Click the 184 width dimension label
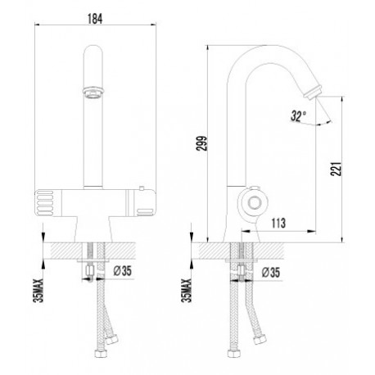[95, 19]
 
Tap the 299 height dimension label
[202, 143]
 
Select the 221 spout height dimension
[336, 169]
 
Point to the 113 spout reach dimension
[278, 224]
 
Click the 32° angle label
[298, 115]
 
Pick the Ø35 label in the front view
[123, 271]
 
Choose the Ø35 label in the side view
[271, 273]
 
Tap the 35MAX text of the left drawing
[38, 291]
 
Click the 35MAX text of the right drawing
[187, 291]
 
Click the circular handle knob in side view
[255, 203]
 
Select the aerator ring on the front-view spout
[93, 92]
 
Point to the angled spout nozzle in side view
[313, 91]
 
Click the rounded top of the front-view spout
[93, 52]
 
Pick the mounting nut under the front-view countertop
[90, 270]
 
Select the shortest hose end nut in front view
[111, 340]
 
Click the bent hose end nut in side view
[259, 340]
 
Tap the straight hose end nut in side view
[233, 353]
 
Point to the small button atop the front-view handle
[141, 187]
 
